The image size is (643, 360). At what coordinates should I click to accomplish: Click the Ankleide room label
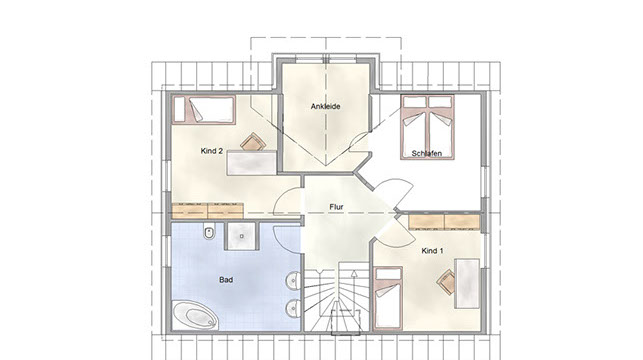pos(325,107)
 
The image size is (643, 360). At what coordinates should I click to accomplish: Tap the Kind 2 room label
pos(212,151)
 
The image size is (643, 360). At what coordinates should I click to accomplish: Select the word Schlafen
pos(426,153)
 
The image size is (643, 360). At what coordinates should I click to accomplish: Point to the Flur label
pos(336,207)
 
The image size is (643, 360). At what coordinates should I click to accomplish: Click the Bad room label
pos(226,280)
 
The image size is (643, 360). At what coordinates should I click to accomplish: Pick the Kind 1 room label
pos(432,251)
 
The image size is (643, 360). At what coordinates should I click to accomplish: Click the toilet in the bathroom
pos(209,232)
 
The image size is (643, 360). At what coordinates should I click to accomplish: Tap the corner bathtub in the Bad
pos(195,315)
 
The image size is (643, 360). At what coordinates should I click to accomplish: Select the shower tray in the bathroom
pos(242,236)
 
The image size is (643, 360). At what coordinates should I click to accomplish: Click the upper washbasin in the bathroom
pos(293,281)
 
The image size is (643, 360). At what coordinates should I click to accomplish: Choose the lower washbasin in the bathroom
pos(293,308)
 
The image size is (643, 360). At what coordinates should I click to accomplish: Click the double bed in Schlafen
pos(427,128)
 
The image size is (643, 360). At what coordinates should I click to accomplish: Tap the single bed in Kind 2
pos(204,110)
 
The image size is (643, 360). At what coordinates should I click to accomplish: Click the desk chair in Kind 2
pos(253,142)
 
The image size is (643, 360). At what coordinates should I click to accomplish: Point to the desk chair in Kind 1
pos(446,282)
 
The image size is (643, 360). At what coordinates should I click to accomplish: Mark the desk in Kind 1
pos(467,284)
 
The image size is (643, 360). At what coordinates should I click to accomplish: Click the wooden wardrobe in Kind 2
pos(207,211)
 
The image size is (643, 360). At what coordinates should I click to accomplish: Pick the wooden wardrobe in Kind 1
pos(444,222)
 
